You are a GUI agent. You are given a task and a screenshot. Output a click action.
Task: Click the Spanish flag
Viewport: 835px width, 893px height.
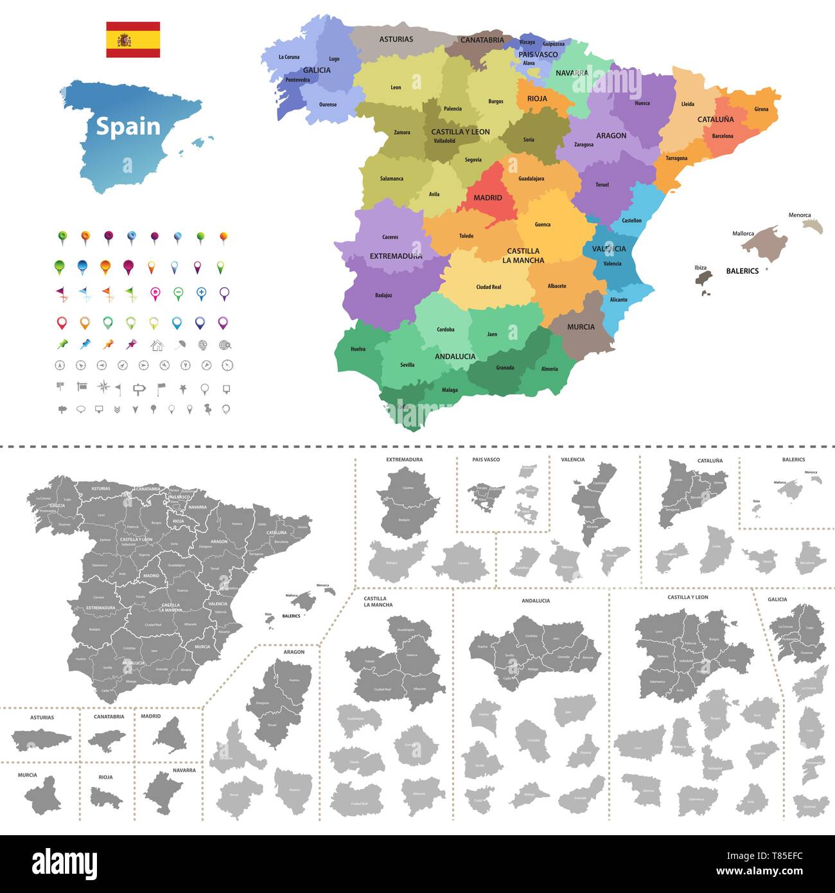click(133, 40)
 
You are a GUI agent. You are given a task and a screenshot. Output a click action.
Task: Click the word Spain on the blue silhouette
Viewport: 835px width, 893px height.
click(128, 127)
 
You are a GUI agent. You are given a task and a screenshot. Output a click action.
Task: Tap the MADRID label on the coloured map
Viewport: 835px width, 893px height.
click(488, 198)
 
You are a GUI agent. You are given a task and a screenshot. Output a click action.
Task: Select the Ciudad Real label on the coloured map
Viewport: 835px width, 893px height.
click(488, 287)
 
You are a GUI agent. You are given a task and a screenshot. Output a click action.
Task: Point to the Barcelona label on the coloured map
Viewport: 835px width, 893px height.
click(723, 136)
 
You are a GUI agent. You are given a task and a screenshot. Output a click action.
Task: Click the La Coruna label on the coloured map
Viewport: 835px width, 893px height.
click(289, 57)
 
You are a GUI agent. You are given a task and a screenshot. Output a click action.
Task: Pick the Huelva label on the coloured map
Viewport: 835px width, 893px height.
click(358, 349)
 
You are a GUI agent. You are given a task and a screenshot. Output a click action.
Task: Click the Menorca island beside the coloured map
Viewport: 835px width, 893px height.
click(813, 225)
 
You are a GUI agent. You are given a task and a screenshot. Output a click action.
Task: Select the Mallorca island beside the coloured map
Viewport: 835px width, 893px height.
click(766, 243)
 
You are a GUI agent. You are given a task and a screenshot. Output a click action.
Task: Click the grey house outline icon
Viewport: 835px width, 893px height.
click(157, 346)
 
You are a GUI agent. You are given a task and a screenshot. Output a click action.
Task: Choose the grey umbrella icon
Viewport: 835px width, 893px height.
click(180, 345)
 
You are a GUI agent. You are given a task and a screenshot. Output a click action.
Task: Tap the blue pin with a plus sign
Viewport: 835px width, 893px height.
click(201, 294)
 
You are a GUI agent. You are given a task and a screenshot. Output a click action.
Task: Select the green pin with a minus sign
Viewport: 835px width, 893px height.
click(178, 294)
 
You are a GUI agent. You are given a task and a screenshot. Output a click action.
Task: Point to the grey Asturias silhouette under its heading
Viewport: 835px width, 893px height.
click(41, 739)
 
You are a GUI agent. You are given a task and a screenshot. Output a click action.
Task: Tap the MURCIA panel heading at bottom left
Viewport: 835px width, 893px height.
click(27, 775)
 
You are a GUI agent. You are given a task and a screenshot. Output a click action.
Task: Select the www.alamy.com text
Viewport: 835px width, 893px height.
click(760, 872)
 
